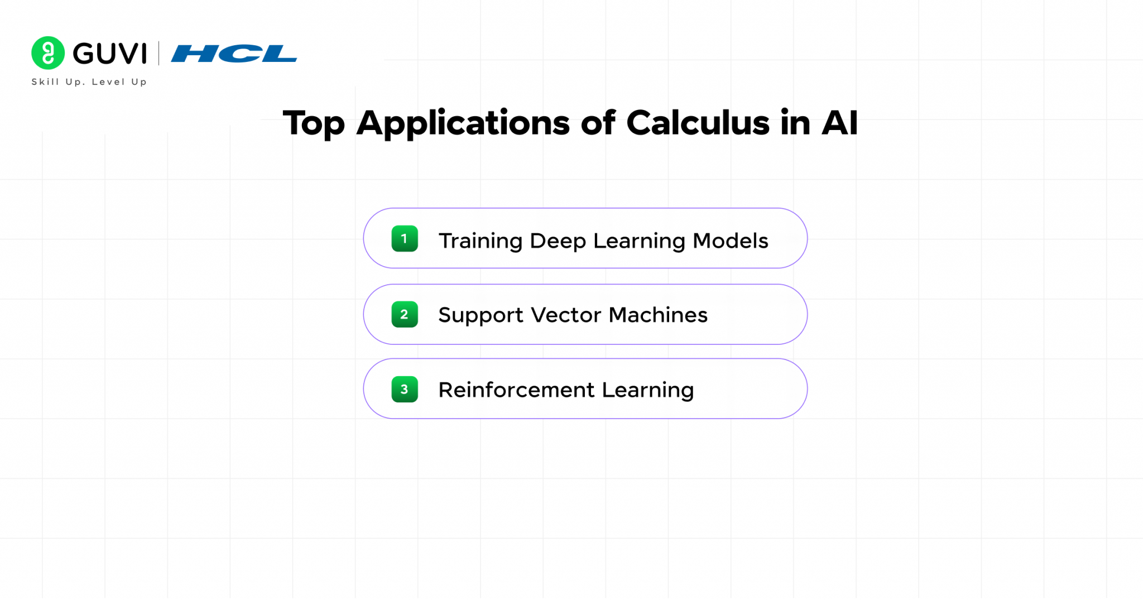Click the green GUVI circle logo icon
point(48,53)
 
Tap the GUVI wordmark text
point(110,54)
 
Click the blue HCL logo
point(234,54)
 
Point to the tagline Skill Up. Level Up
point(89,82)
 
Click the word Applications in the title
point(463,123)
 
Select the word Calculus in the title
point(698,123)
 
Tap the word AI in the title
point(839,123)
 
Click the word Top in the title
point(314,124)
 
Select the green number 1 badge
point(405,239)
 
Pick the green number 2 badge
point(405,314)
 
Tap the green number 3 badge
point(405,389)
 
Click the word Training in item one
point(481,241)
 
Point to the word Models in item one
point(730,241)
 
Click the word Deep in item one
point(558,241)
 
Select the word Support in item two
point(481,315)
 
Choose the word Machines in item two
point(658,315)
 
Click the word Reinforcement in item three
point(516,390)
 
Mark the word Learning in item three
point(647,390)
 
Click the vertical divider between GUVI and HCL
point(159,53)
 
